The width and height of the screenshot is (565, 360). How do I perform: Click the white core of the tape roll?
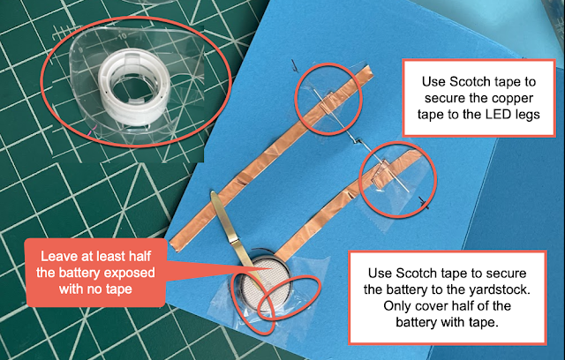[x=134, y=86]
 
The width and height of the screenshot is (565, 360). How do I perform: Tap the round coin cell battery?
[x=266, y=284]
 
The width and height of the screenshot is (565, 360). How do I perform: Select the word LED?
[x=498, y=114]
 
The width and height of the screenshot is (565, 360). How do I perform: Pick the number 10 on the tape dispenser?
[x=122, y=36]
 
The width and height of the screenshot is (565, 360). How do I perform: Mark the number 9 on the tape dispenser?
[x=81, y=49]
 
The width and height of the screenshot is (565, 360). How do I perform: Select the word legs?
[x=528, y=116]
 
